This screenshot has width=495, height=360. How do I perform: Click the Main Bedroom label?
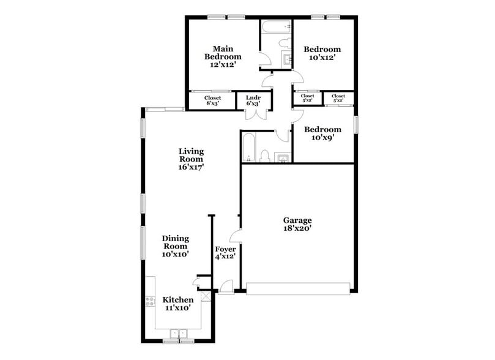[x=222, y=56]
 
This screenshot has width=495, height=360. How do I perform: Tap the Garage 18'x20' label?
[x=297, y=225]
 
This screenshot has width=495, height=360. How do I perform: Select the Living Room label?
[x=191, y=159]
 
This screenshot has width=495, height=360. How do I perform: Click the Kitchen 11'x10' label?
[x=178, y=304]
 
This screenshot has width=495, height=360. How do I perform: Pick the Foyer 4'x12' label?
[x=225, y=253]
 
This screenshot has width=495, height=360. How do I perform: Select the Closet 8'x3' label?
[x=212, y=100]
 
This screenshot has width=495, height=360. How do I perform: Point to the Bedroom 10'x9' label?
[x=322, y=133]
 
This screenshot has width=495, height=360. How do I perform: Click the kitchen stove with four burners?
[x=149, y=301]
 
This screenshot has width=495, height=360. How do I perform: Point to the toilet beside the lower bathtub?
[x=265, y=155]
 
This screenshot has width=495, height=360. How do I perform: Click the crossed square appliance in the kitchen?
[x=206, y=297]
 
